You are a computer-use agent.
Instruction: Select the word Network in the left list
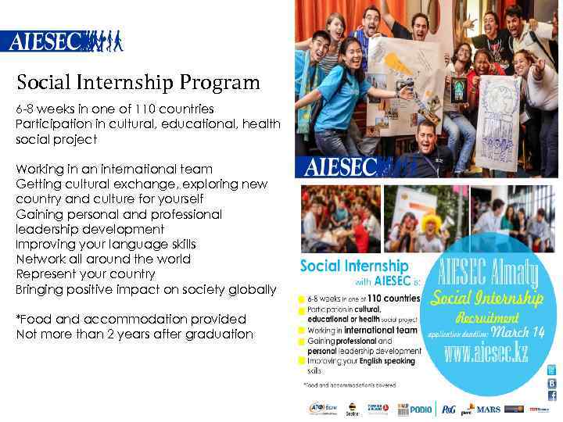(x=41, y=259)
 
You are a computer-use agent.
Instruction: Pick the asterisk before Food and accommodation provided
(x=18, y=318)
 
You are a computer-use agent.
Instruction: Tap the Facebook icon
(x=551, y=396)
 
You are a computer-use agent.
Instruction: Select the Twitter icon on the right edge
(x=551, y=370)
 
